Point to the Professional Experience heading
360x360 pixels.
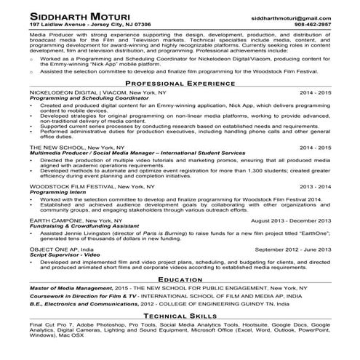coord(180,84)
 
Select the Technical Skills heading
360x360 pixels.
coord(180,317)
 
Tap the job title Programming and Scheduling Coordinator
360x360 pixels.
coord(81,100)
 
